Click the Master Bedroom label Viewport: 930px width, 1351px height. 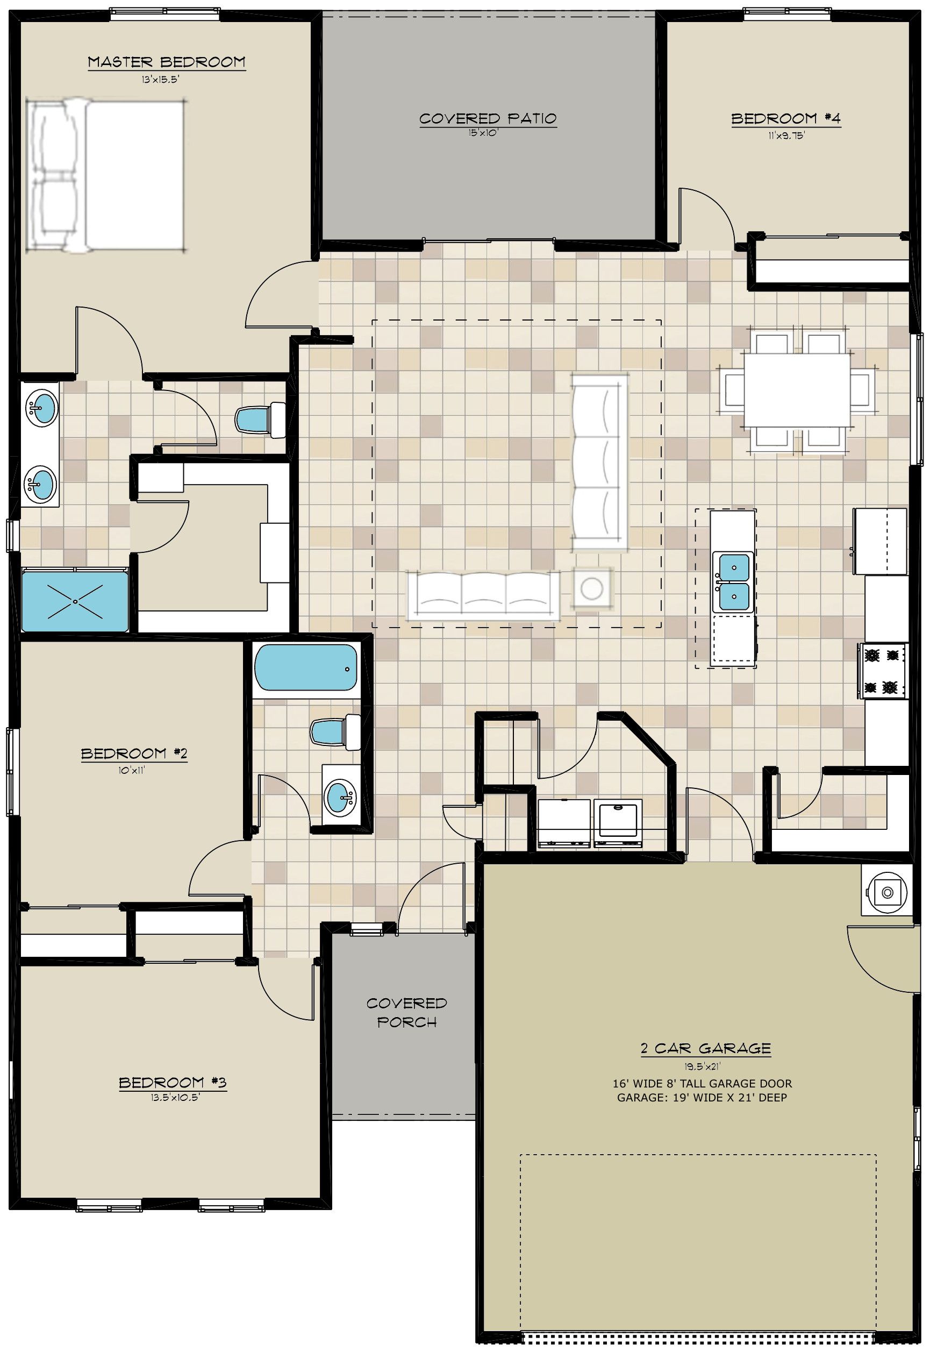pyautogui.click(x=167, y=62)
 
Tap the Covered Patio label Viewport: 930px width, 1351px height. pyautogui.click(x=488, y=119)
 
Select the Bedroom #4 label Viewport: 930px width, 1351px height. pyautogui.click(x=786, y=119)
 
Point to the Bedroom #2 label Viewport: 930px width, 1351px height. pyautogui.click(x=134, y=753)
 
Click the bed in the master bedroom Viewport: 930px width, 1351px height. pyautogui.click(x=106, y=175)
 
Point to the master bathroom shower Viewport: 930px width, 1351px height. pyautogui.click(x=75, y=601)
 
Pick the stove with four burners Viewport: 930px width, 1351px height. pyautogui.click(x=883, y=671)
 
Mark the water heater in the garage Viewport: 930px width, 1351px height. pyautogui.click(x=886, y=891)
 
